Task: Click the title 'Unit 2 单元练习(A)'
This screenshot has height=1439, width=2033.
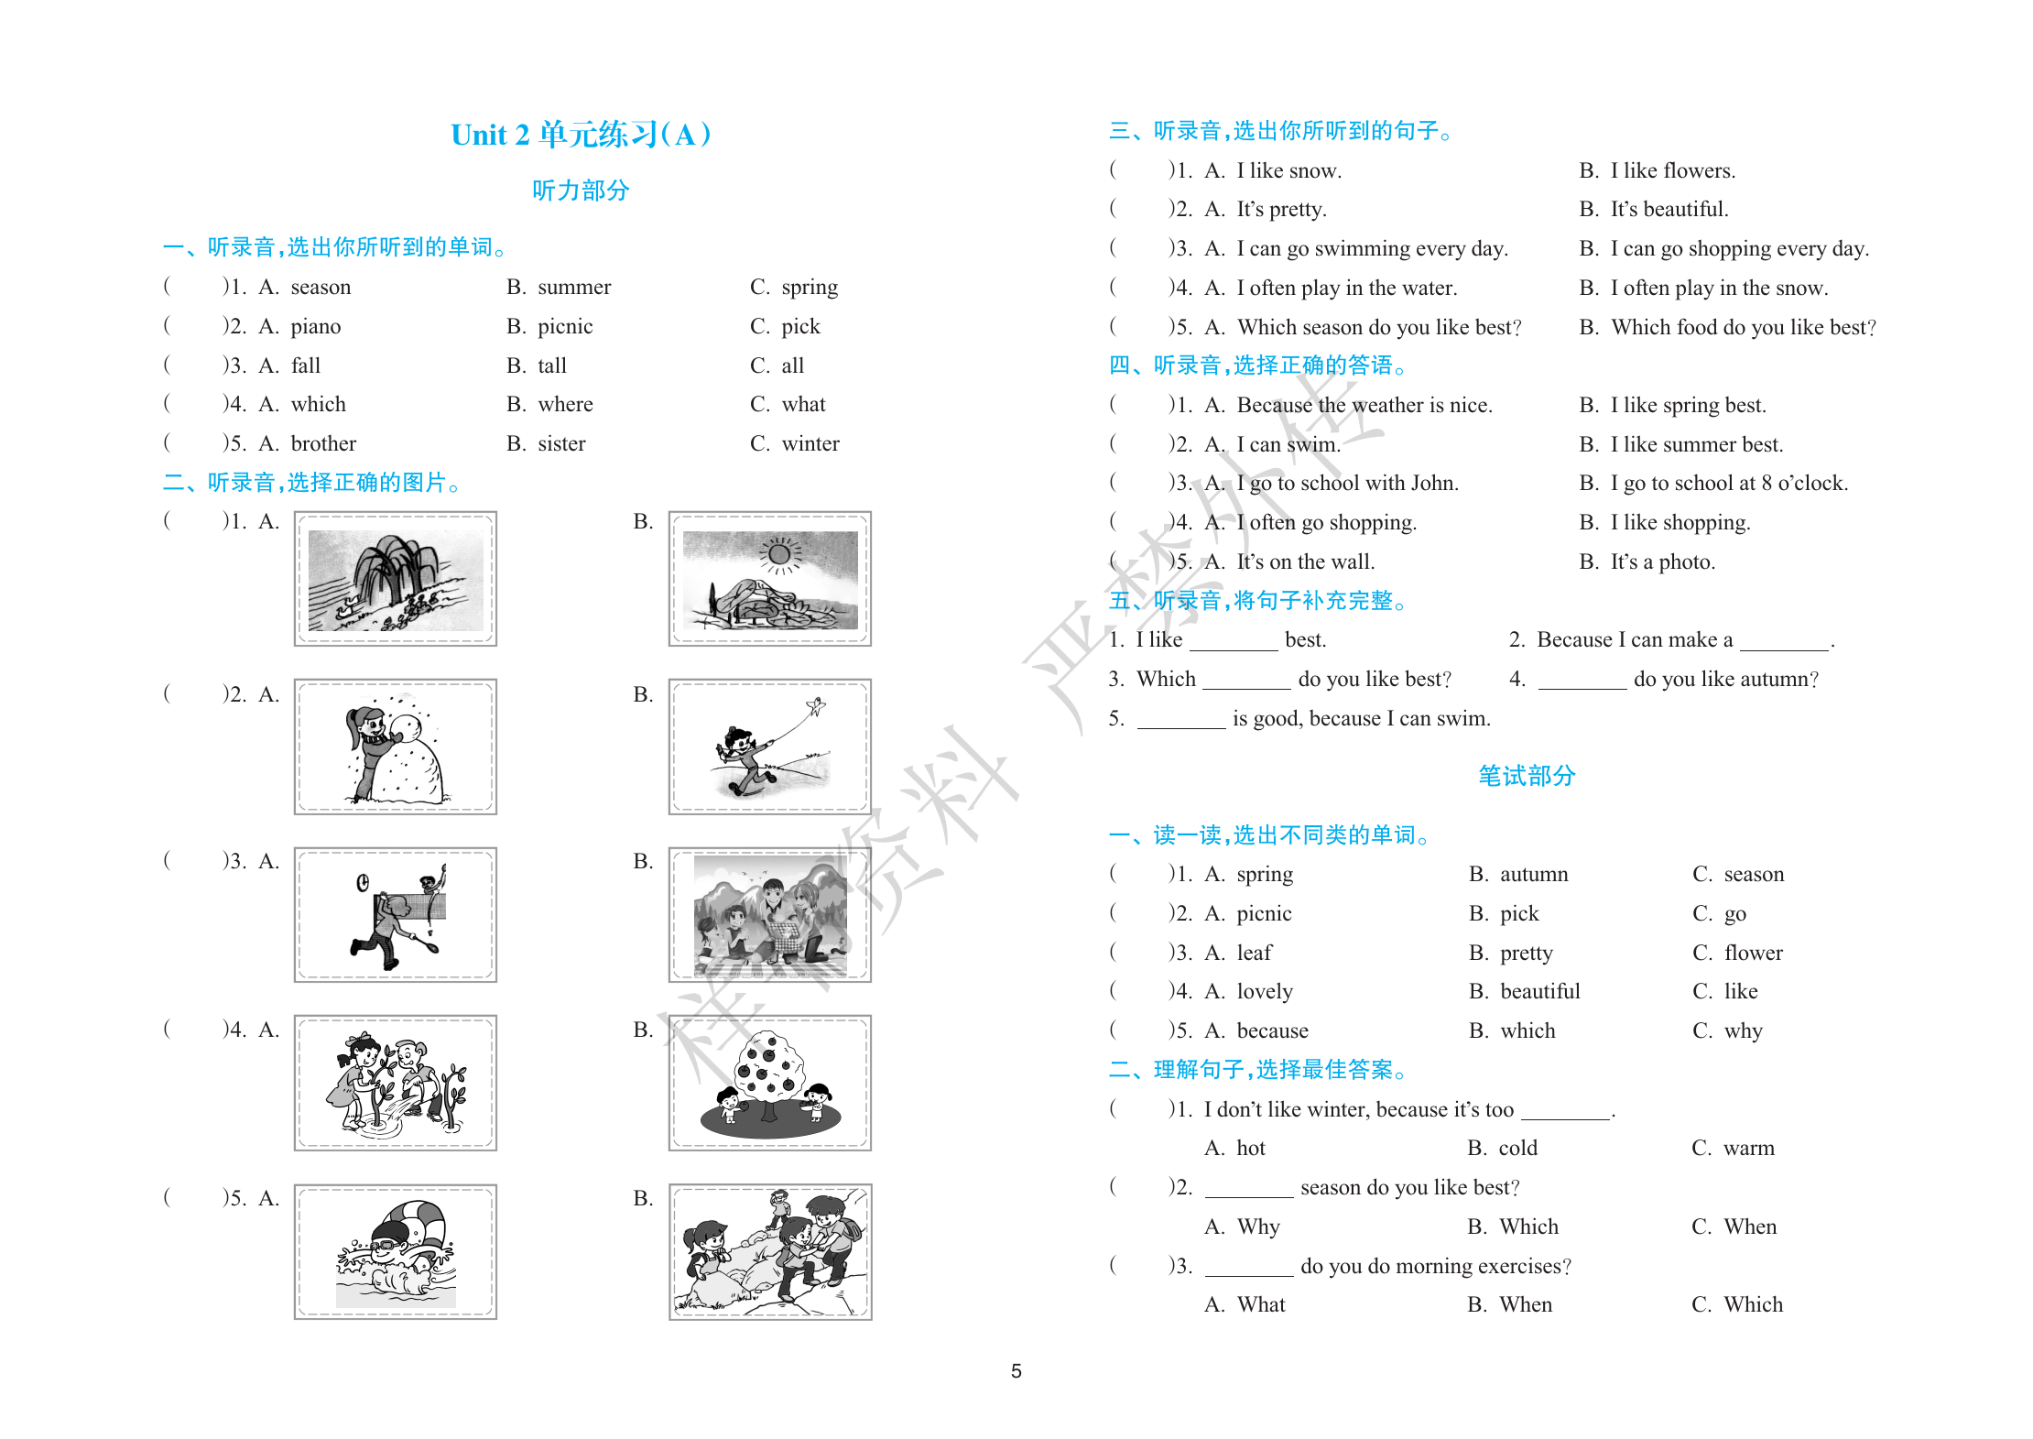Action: point(581,135)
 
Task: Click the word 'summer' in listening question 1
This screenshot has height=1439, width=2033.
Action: point(573,288)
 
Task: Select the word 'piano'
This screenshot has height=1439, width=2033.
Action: point(315,327)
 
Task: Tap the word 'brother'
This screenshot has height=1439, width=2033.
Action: point(323,444)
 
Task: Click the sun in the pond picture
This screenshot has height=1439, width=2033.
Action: point(779,553)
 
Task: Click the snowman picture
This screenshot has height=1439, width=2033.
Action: point(396,747)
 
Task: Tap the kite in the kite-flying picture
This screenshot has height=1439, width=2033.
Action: point(814,706)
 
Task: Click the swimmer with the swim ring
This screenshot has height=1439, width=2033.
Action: point(396,1251)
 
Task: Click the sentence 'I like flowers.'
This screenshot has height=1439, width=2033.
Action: point(1672,171)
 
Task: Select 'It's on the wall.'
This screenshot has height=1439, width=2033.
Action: point(1305,562)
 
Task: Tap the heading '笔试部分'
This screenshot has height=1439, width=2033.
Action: point(1526,776)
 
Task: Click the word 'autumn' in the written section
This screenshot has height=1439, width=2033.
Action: point(1534,875)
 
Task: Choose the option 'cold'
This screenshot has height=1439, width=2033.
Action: point(1517,1149)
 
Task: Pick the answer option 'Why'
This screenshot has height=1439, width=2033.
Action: point(1257,1227)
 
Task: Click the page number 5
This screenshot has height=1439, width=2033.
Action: point(1016,1371)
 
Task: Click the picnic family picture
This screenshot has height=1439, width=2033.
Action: point(770,915)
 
